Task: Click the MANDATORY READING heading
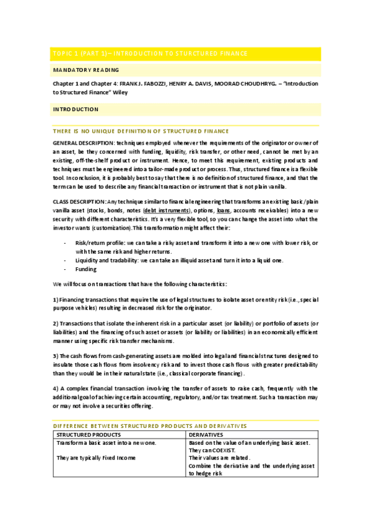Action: (x=85, y=70)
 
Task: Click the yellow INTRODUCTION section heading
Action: (x=76, y=109)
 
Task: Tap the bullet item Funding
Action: (x=86, y=269)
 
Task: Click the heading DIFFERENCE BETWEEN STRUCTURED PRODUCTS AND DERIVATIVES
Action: (x=150, y=426)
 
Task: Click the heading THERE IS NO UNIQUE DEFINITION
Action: (x=141, y=131)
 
